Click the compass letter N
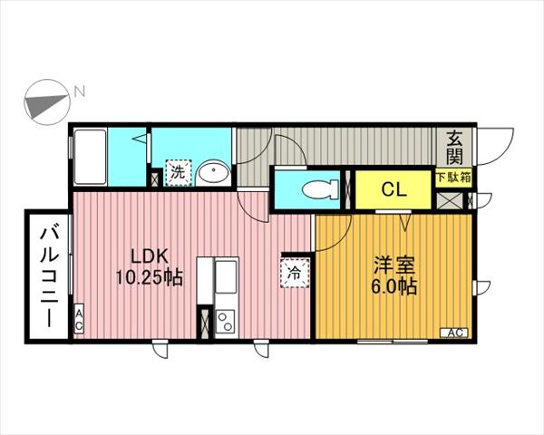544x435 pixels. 80,92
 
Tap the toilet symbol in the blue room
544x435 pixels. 320,189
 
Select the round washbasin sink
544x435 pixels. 213,172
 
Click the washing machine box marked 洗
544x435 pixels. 179,172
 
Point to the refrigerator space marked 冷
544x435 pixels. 295,274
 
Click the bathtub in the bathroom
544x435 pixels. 90,157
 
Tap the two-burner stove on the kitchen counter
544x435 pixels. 225,321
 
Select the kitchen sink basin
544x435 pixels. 226,276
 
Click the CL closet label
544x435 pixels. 393,189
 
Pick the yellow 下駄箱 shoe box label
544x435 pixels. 453,178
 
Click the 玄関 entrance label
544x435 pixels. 455,148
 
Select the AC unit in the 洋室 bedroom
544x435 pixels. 454,333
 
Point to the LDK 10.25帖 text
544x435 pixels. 150,266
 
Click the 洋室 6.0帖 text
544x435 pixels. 394,275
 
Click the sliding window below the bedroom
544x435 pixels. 393,342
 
